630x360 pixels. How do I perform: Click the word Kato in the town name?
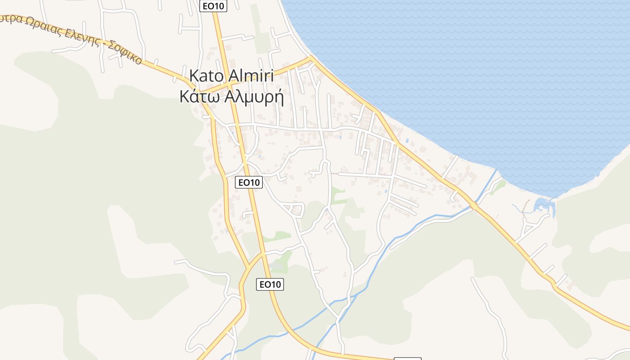pos(208,75)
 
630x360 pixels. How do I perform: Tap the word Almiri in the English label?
pos(252,75)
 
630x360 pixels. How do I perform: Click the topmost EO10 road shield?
pos(213,5)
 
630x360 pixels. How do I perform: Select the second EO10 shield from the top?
pos(249,182)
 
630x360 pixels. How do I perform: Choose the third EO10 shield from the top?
pos(270,284)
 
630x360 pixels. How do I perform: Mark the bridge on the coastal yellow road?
pos(474,206)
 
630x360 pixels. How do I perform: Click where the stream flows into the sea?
pos(497,171)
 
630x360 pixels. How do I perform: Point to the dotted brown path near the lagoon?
pos(525,209)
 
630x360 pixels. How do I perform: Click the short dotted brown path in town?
pos(334,173)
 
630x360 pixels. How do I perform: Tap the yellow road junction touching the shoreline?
pos(310,58)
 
